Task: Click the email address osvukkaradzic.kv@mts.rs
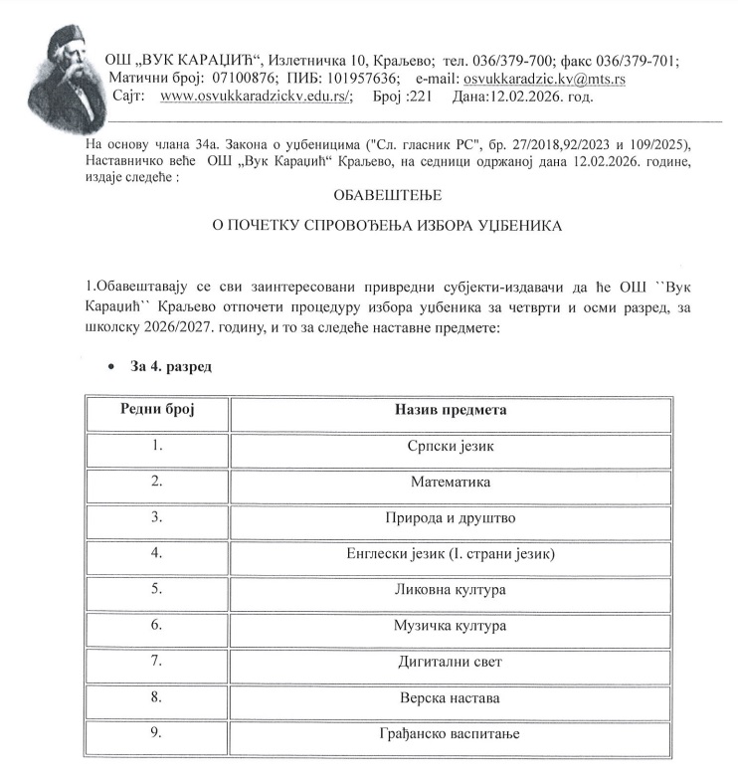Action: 548,79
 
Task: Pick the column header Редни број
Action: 157,410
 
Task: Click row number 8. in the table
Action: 156,698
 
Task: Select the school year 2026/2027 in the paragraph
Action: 183,327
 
